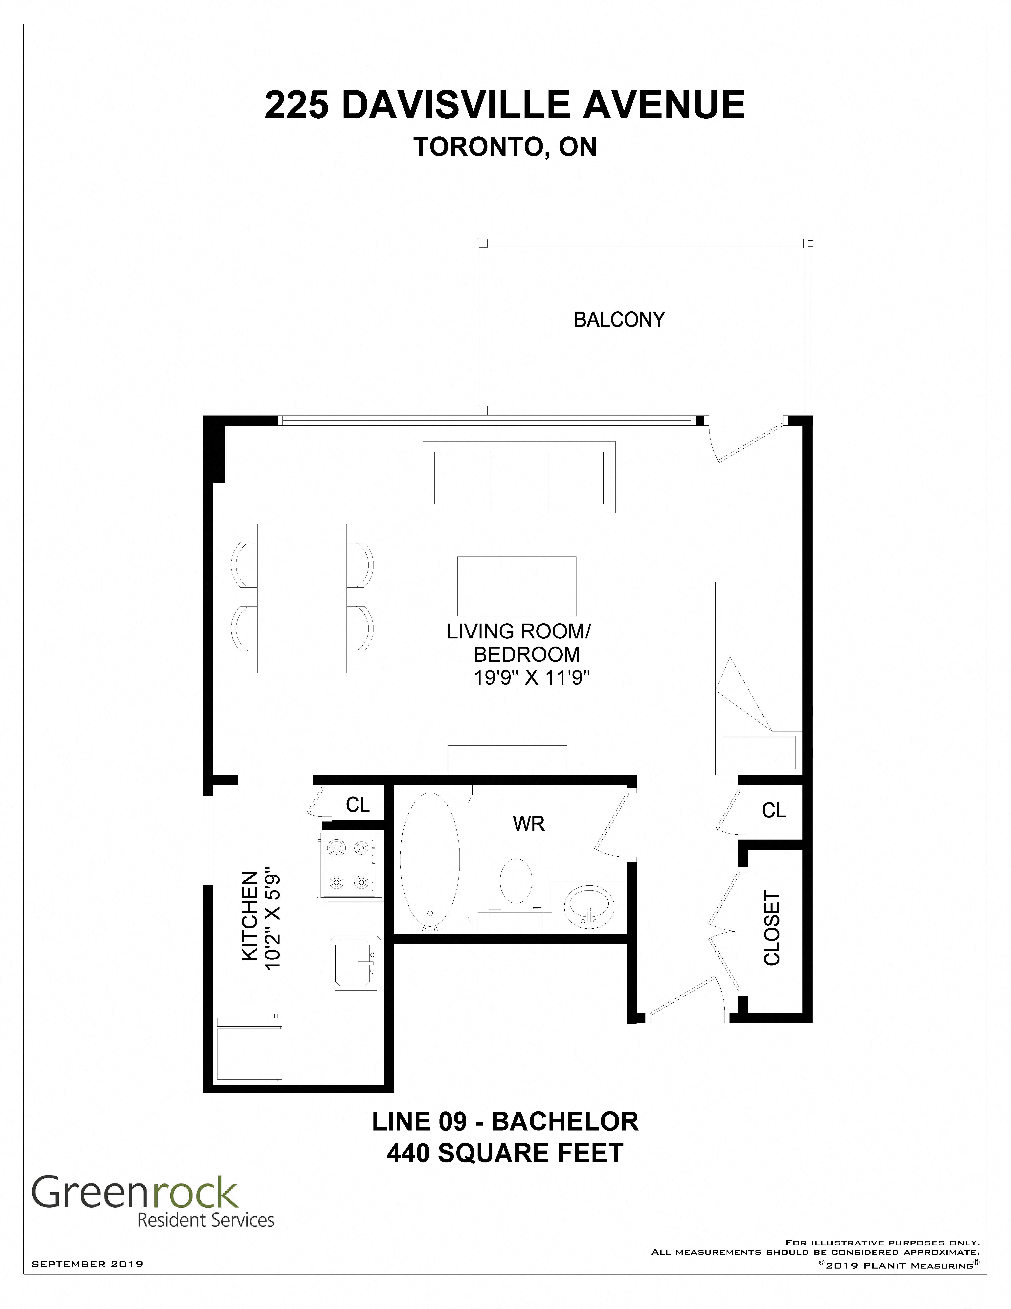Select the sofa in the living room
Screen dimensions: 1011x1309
pos(519,477)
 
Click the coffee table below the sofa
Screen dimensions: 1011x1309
pos(517,586)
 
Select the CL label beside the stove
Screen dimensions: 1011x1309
pos(358,805)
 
